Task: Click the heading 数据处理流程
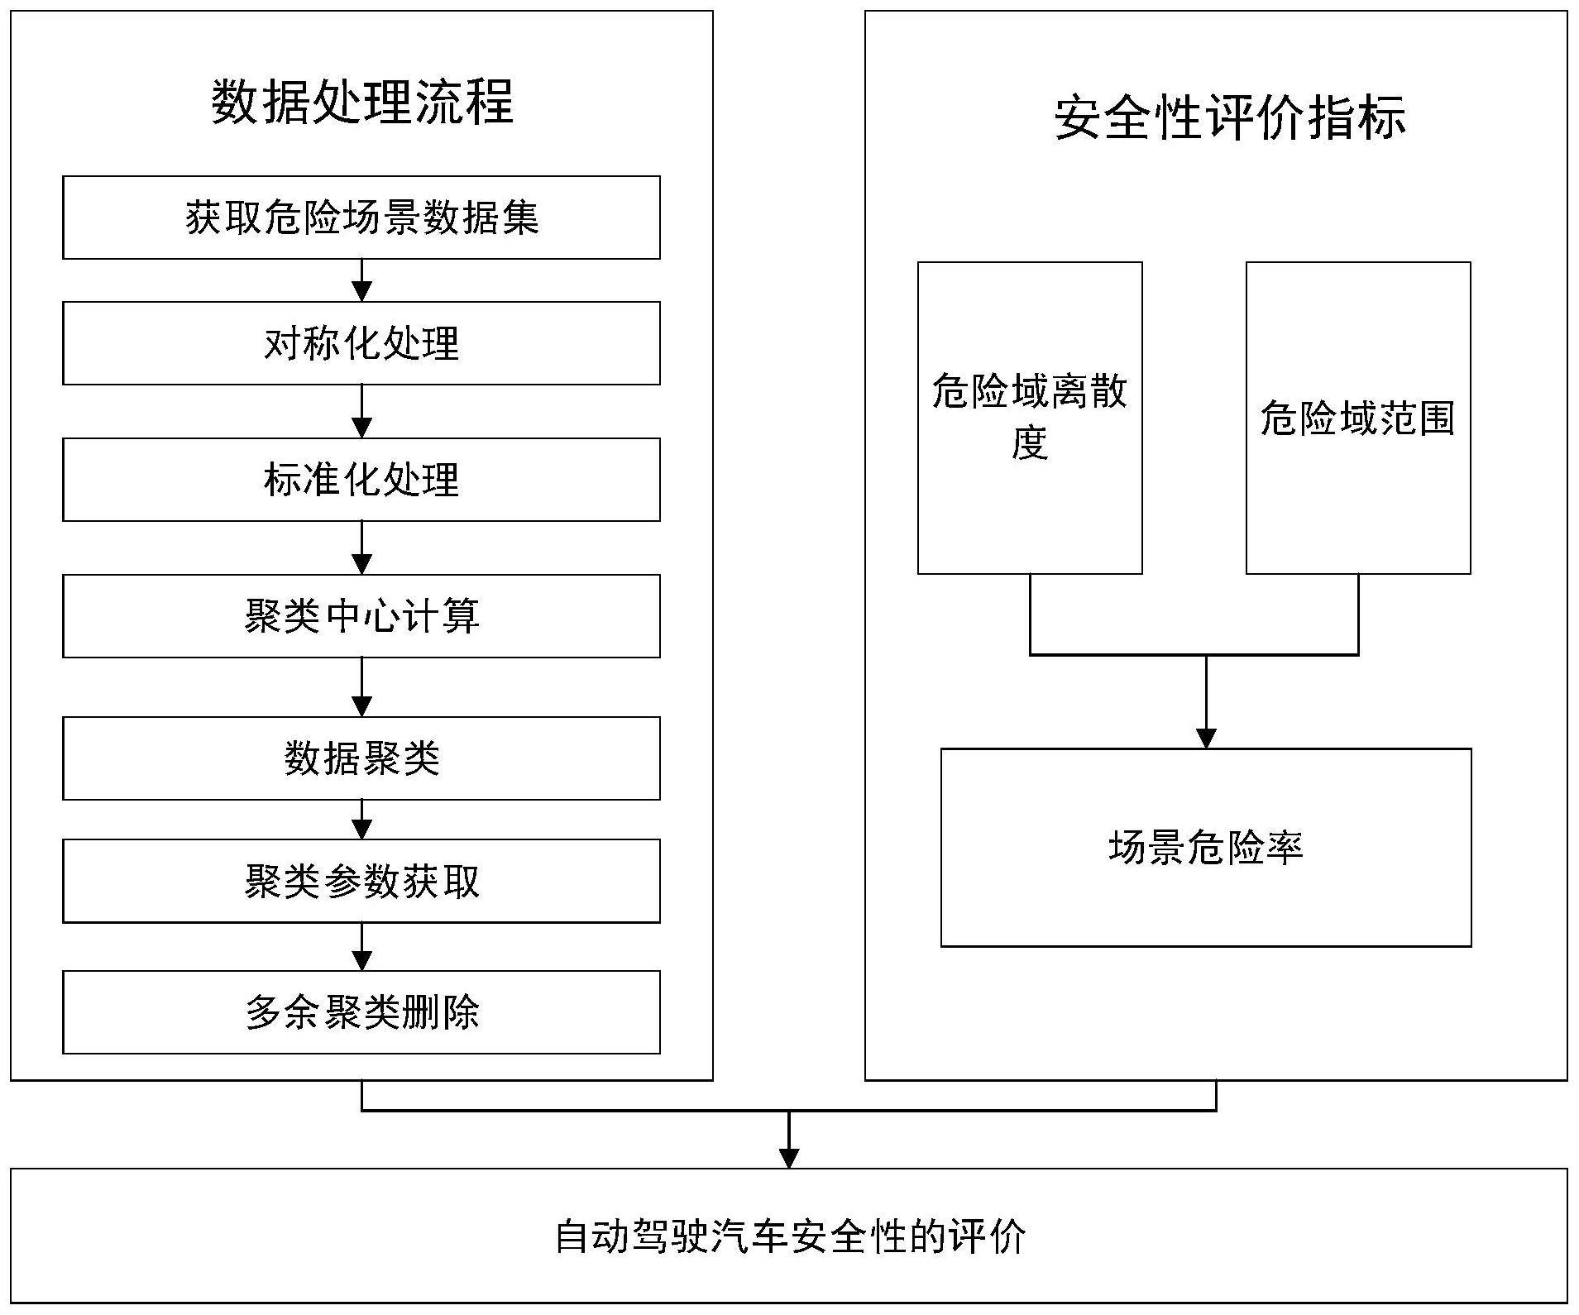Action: click(x=362, y=103)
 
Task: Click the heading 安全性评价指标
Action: click(x=1230, y=117)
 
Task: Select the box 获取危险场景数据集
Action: click(x=361, y=218)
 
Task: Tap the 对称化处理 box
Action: click(x=361, y=343)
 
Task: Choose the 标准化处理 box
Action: click(x=361, y=480)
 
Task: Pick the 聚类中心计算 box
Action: click(x=361, y=616)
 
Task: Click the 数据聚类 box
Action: click(x=361, y=758)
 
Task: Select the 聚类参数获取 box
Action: click(x=361, y=881)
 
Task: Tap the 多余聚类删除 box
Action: click(x=361, y=1012)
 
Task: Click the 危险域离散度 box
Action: click(x=1030, y=418)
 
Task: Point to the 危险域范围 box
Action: click(x=1358, y=418)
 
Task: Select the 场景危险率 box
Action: click(x=1206, y=848)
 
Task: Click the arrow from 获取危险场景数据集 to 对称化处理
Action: click(x=361, y=280)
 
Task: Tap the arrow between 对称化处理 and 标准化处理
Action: click(x=361, y=411)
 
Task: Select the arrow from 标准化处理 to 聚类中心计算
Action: click(x=361, y=548)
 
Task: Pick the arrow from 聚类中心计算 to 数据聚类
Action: click(x=361, y=687)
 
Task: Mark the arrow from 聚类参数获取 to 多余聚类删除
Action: click(x=361, y=946)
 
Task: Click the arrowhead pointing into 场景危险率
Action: click(x=1206, y=739)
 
